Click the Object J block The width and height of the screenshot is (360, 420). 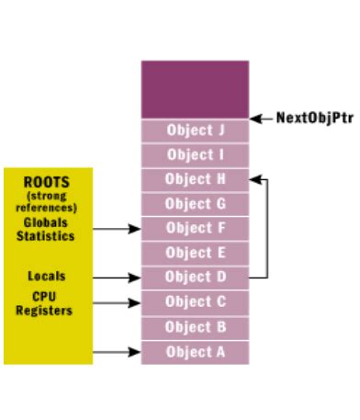[195, 130]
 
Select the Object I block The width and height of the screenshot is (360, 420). [195, 154]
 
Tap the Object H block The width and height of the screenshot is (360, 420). [195, 179]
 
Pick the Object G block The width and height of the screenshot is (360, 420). [195, 203]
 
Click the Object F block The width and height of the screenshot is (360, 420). [195, 228]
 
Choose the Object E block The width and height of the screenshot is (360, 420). [195, 252]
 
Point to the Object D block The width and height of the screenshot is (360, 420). [195, 276]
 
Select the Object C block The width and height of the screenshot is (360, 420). [195, 301]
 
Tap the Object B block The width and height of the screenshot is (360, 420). [195, 325]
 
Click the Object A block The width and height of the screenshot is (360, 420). [195, 350]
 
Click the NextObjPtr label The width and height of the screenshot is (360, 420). [315, 119]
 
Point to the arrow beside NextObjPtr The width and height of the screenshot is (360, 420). [262, 119]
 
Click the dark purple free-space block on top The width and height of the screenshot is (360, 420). [195, 88]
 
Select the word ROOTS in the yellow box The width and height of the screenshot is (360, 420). [46, 182]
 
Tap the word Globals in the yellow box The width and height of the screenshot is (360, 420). [46, 222]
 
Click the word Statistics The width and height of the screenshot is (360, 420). [46, 236]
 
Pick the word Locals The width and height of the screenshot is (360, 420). [46, 275]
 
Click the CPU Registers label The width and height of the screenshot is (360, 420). [46, 304]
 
